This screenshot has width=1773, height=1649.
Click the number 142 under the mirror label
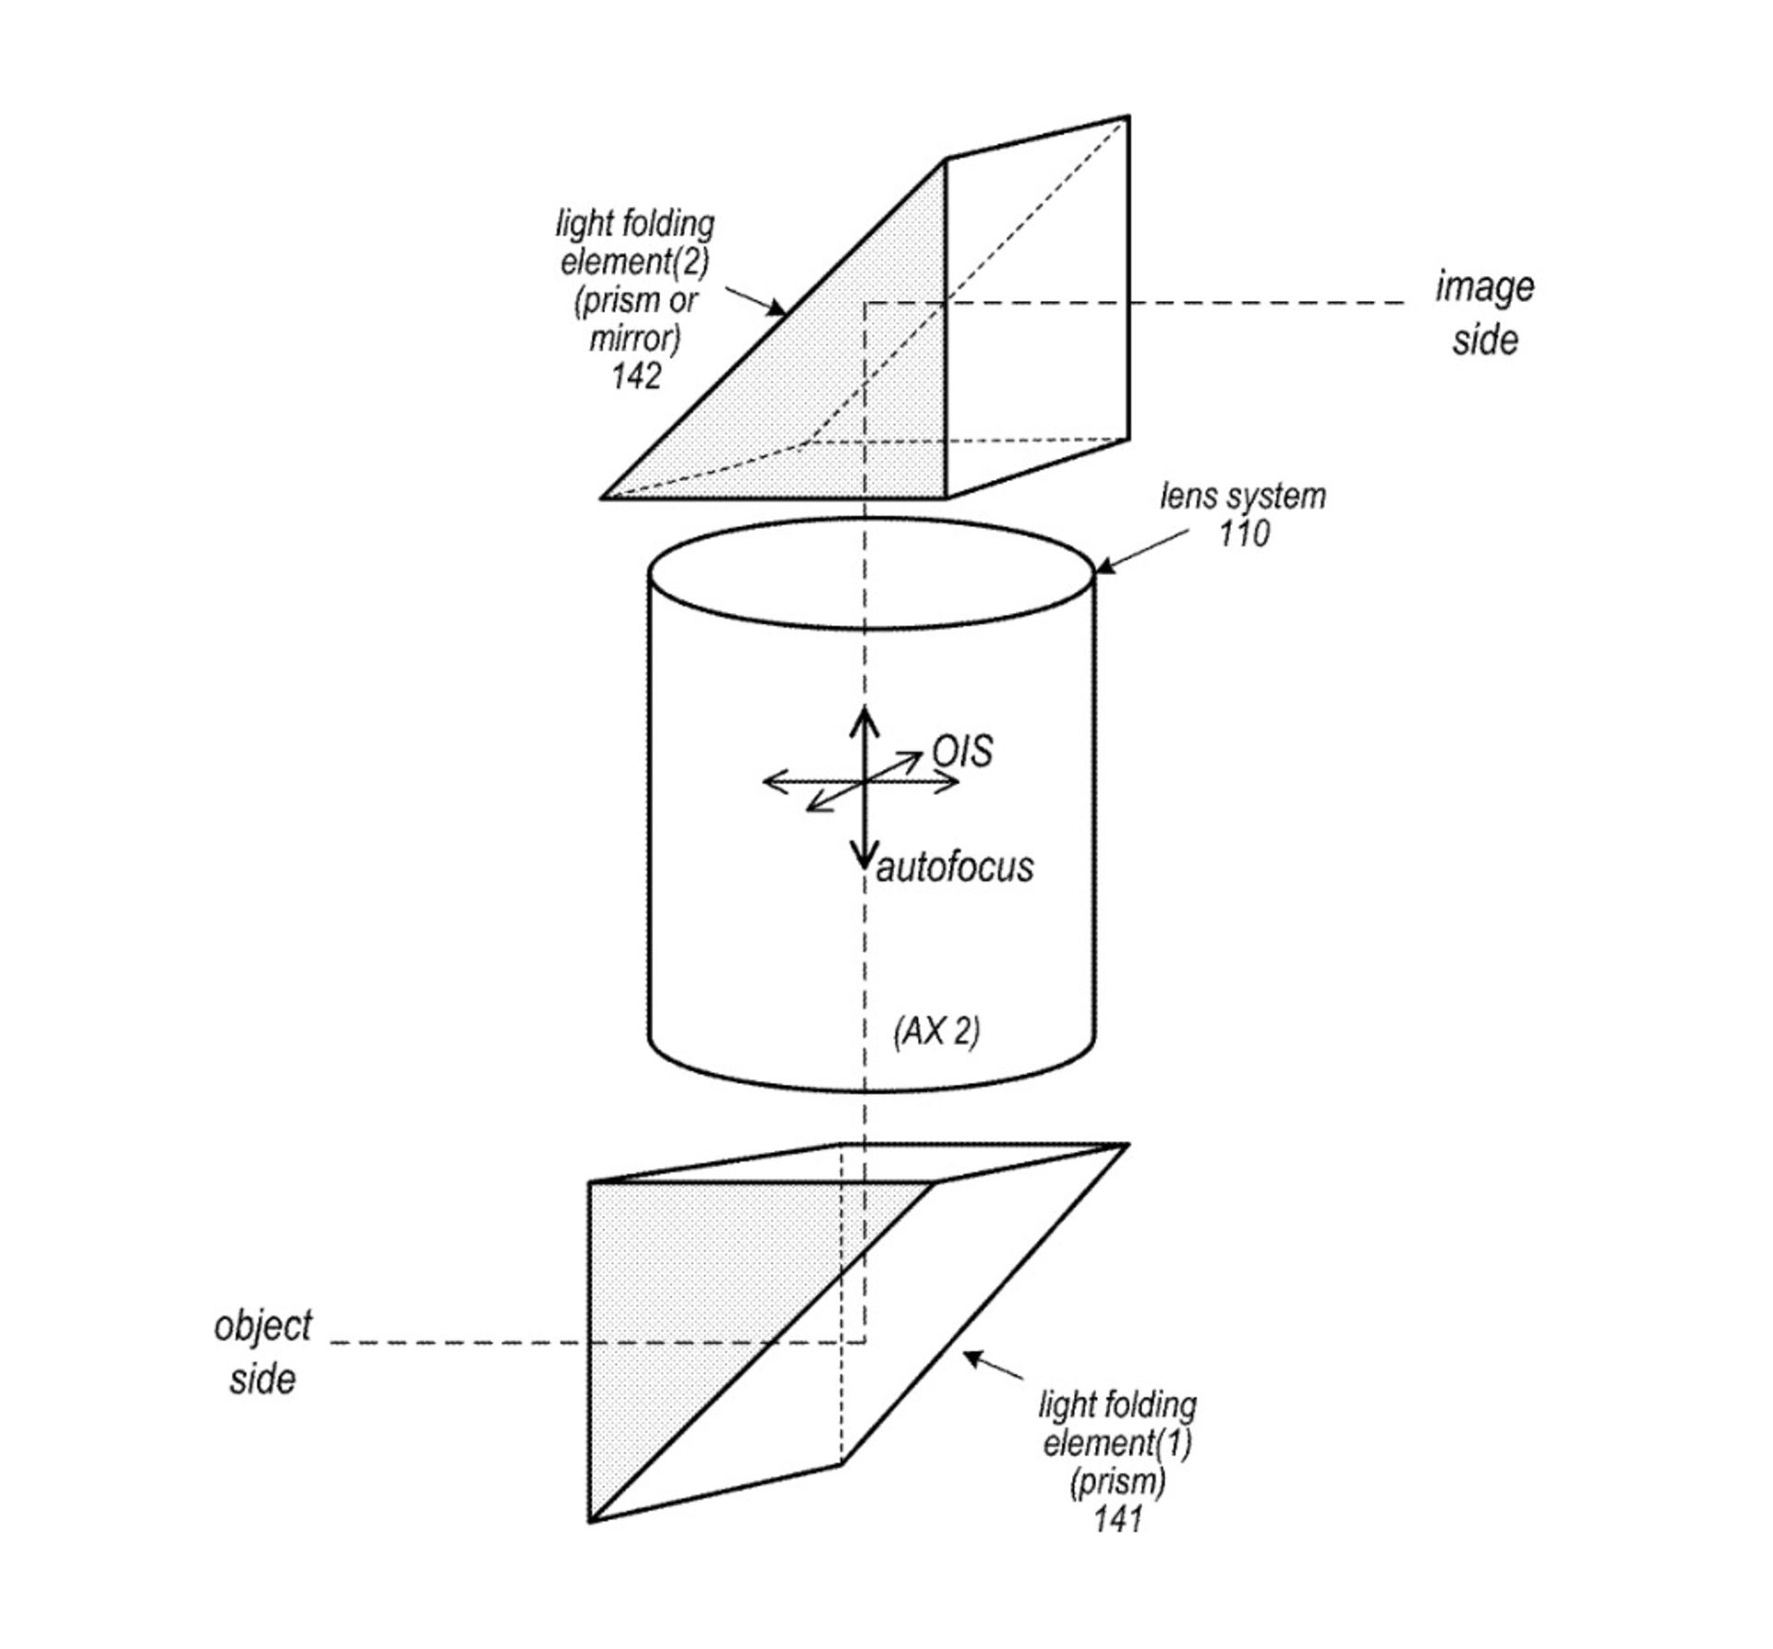point(636,377)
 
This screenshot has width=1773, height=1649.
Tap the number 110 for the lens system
point(1243,534)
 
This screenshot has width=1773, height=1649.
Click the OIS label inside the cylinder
point(962,752)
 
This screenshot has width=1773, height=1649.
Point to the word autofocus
point(955,868)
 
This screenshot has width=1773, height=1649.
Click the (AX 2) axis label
point(936,1031)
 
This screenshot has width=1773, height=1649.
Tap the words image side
point(1484,313)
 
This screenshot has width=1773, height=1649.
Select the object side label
point(262,1353)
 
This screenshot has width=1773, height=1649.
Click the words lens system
point(1243,497)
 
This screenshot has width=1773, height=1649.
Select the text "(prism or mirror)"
point(635,319)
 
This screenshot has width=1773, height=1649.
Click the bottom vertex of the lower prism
point(590,1521)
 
